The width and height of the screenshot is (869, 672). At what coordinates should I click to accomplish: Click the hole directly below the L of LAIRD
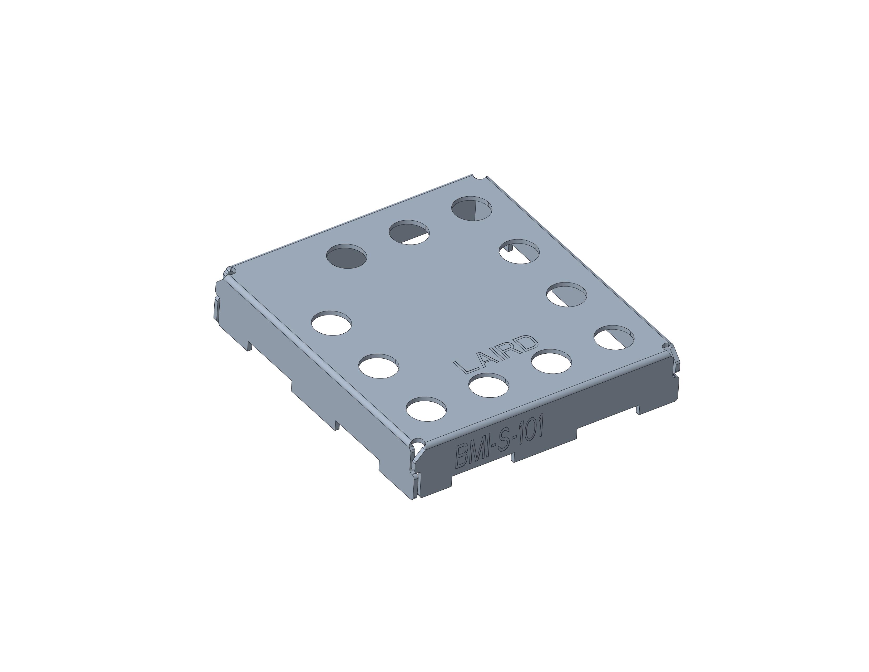click(488, 385)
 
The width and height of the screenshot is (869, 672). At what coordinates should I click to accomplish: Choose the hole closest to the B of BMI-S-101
click(426, 409)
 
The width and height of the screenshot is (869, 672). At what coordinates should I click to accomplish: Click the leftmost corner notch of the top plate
click(230, 272)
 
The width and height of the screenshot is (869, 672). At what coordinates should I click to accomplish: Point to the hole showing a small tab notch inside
click(519, 251)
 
